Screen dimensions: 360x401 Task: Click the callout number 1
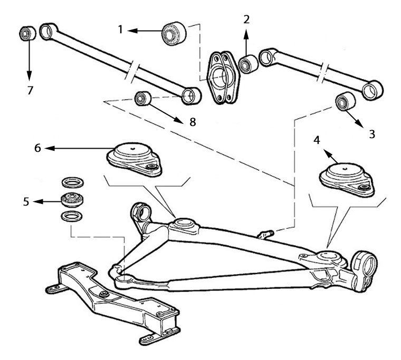[x=121, y=30]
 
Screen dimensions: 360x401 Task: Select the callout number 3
[x=372, y=134]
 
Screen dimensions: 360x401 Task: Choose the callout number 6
[x=37, y=149]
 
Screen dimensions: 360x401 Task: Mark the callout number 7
[x=29, y=90]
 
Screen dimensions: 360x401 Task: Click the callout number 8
[x=193, y=122]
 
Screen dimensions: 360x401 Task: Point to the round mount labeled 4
[x=343, y=177]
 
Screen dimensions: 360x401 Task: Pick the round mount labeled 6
[x=135, y=155]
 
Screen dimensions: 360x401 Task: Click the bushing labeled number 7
[x=26, y=34]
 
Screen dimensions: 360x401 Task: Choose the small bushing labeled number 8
[x=142, y=98]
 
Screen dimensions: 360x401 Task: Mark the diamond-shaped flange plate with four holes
[x=222, y=76]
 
